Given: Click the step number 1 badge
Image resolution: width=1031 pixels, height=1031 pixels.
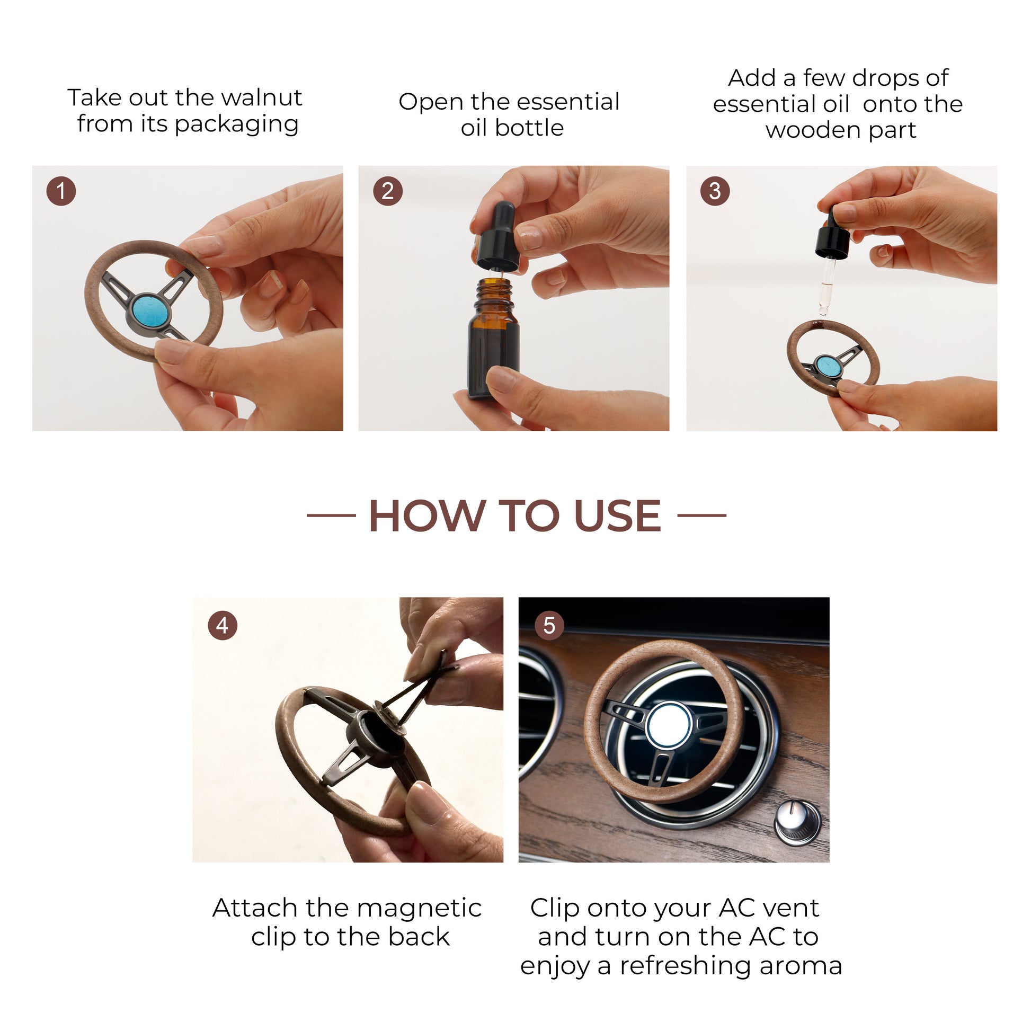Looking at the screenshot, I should pyautogui.click(x=61, y=191).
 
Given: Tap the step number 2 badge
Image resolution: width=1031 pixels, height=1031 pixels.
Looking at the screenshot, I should pyautogui.click(x=388, y=191).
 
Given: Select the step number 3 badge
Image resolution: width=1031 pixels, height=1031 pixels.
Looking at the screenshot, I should pyautogui.click(x=715, y=191).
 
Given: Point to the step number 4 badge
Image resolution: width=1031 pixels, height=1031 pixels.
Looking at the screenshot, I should pyautogui.click(x=223, y=625).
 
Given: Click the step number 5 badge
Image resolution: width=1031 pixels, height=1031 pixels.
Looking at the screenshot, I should pyautogui.click(x=549, y=625).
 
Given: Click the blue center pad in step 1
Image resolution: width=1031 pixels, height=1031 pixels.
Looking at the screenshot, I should pyautogui.click(x=150, y=312).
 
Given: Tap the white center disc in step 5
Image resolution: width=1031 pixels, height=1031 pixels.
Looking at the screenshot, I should pyautogui.click(x=669, y=726).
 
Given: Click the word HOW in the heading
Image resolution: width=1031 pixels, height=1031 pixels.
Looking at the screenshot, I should pyautogui.click(x=426, y=516).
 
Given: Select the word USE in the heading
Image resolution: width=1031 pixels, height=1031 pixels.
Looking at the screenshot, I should pyautogui.click(x=617, y=516).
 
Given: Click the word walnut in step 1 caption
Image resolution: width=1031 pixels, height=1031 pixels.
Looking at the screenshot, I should pyautogui.click(x=261, y=97).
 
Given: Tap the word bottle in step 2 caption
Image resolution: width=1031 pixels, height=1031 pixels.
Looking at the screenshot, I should pyautogui.click(x=529, y=128).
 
